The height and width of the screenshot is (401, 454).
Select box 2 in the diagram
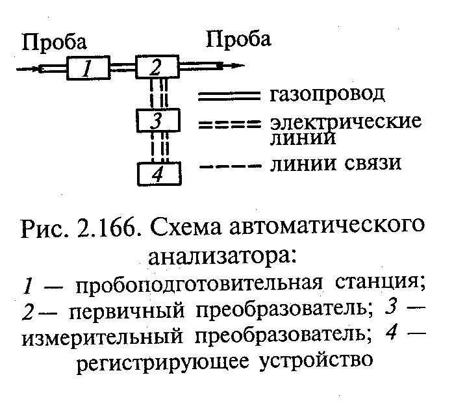[x=156, y=67]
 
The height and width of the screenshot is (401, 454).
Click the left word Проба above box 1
[x=55, y=43]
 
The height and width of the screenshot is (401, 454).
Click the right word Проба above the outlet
[x=238, y=40]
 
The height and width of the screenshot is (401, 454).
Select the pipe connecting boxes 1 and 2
[x=121, y=67]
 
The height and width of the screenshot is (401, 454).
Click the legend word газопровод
[x=326, y=95]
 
